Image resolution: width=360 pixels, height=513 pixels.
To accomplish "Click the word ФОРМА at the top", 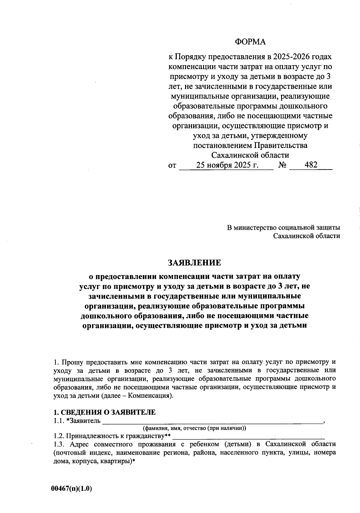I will (250, 42).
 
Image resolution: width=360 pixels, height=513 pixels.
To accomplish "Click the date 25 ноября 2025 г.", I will (227, 165).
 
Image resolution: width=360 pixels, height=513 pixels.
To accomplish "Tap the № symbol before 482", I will (282, 165).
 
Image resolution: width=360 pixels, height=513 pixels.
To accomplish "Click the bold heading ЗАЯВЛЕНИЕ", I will (195, 263).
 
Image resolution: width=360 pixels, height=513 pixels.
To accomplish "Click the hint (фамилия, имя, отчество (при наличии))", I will (194, 428).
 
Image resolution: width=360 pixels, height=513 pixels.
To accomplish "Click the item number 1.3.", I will (58, 444).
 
